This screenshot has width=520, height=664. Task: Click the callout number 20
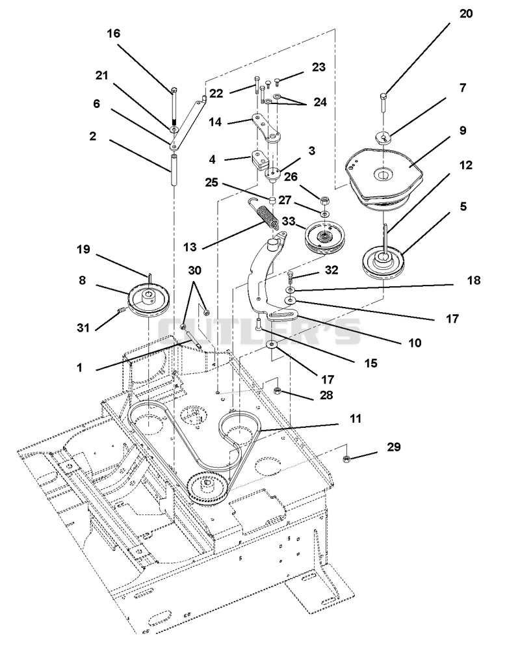(466, 14)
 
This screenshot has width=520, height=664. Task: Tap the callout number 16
(113, 33)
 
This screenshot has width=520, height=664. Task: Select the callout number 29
(393, 447)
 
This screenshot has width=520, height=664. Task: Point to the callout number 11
(356, 418)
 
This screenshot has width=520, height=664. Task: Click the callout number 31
(83, 327)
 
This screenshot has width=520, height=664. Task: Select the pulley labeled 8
(148, 300)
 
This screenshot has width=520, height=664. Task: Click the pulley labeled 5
(383, 262)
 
